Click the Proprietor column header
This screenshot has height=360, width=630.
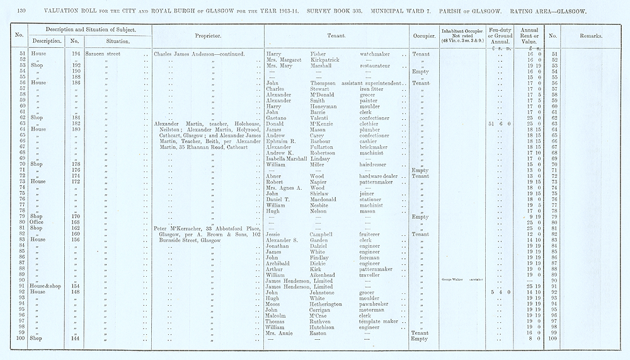[x=208, y=36]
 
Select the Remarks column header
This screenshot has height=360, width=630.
[x=590, y=36]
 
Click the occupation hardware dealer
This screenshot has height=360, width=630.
[x=383, y=176]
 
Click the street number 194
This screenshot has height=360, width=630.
[x=76, y=54]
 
